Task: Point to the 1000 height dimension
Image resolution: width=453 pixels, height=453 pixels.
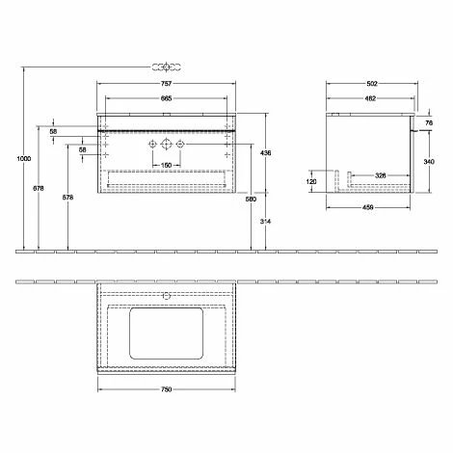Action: [10, 160]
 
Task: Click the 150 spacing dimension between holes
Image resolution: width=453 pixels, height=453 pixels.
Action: [167, 166]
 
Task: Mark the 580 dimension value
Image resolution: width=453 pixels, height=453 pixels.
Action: [251, 200]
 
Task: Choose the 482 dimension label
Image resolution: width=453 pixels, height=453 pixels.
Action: [370, 98]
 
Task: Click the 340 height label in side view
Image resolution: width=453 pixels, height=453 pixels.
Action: [428, 162]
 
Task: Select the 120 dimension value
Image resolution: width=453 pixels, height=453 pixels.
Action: [311, 180]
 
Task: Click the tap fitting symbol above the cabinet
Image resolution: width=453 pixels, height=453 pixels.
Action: [167, 67]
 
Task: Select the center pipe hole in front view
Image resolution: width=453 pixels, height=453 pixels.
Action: [167, 145]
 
